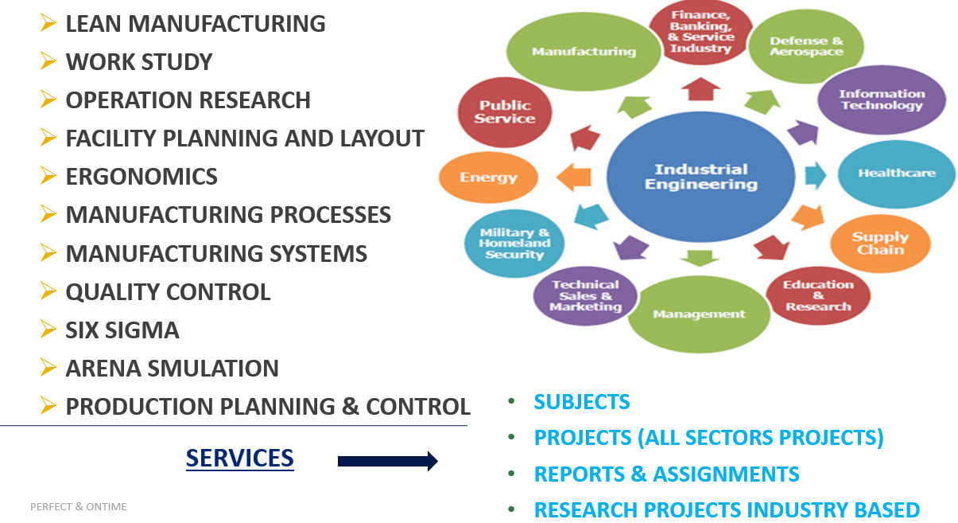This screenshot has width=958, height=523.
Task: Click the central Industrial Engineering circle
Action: (700, 177)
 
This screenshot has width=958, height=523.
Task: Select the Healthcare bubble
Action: (896, 174)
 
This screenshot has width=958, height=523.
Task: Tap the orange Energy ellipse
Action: (488, 178)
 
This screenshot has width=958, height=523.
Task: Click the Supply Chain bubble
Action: (880, 243)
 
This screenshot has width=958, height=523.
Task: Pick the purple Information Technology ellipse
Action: (882, 100)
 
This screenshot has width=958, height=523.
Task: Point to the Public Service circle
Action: (505, 112)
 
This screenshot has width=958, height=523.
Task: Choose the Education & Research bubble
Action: (817, 295)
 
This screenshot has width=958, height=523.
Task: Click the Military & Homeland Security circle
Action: (514, 244)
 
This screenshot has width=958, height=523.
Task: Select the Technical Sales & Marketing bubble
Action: (585, 295)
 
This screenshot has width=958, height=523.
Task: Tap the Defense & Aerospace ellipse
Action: (805, 46)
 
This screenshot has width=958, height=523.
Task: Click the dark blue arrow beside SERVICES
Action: (387, 461)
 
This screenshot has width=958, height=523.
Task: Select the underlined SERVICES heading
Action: (239, 458)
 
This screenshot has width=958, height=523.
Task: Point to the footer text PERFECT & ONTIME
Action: (78, 506)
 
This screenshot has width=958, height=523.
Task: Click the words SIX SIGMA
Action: (122, 330)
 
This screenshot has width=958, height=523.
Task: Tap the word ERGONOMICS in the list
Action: (142, 177)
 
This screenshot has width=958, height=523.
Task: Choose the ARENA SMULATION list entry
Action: (172, 368)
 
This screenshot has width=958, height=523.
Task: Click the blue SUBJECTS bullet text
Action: (582, 402)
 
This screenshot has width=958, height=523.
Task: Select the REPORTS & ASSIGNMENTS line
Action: (666, 474)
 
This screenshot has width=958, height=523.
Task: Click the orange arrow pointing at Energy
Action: (574, 178)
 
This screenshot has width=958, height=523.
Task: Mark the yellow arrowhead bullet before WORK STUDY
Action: (48, 60)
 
